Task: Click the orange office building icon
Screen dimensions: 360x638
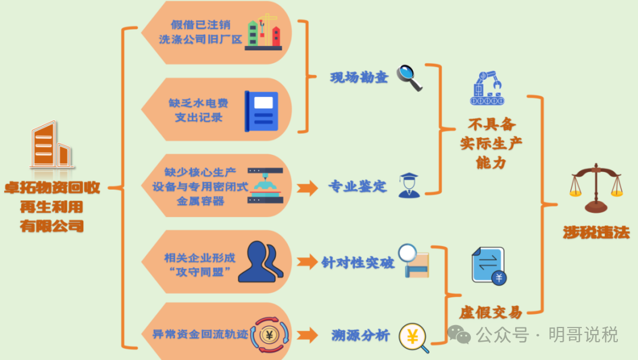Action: point(51,145)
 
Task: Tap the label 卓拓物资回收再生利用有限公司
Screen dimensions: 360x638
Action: point(52,206)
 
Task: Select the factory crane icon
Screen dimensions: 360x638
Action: point(263,32)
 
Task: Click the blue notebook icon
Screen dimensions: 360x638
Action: point(261,111)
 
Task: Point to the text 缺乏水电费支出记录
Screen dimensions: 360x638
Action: point(198,110)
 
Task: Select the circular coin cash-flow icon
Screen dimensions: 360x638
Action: point(269,335)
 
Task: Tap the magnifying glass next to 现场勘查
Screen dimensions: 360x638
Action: point(409,77)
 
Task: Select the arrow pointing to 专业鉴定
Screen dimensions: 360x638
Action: point(307,189)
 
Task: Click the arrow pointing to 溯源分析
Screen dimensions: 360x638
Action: point(307,336)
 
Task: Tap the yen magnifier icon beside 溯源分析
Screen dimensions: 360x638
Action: point(414,338)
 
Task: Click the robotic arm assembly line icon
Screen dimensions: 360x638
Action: point(487,88)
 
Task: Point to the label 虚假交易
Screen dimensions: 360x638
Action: point(490,313)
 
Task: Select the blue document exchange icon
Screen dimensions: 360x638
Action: point(489,266)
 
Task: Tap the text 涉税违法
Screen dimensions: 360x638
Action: point(596,233)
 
